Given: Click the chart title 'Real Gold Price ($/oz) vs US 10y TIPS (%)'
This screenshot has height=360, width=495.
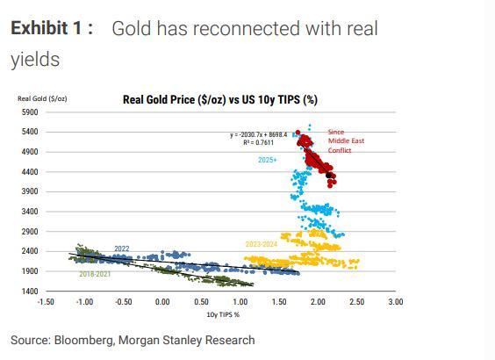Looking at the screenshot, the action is [220, 100].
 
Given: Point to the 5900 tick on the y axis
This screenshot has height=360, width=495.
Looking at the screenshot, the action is [30, 112].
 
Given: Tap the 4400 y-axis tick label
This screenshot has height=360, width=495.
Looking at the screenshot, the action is [30, 172].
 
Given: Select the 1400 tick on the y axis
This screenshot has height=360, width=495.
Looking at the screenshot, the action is [30, 291].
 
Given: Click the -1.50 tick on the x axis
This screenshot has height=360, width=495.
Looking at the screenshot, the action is [46, 302].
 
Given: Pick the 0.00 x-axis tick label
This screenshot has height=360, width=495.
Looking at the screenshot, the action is [162, 302].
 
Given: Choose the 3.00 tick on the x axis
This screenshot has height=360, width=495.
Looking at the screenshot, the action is [396, 302].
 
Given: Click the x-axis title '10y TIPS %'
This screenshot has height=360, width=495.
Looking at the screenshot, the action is [223, 314].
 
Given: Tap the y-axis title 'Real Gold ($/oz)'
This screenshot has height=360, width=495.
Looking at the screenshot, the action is [42, 98].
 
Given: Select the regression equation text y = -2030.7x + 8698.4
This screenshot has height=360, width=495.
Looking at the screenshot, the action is [259, 135].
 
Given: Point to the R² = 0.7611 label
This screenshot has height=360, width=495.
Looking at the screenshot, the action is [259, 142].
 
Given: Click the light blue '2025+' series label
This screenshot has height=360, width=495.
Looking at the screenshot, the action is [268, 160].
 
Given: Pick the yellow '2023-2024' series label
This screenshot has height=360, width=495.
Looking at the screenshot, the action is [262, 244].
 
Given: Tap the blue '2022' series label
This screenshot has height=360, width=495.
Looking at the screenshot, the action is [122, 248].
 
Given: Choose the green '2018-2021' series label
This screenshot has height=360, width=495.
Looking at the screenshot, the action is [95, 274].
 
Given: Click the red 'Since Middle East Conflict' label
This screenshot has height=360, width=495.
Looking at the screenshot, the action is [346, 140].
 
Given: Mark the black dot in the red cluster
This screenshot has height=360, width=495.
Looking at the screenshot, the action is [328, 176].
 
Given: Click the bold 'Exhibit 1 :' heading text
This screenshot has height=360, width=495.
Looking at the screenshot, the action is [52, 28].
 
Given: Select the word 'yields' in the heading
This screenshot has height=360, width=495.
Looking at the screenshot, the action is [35, 60].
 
